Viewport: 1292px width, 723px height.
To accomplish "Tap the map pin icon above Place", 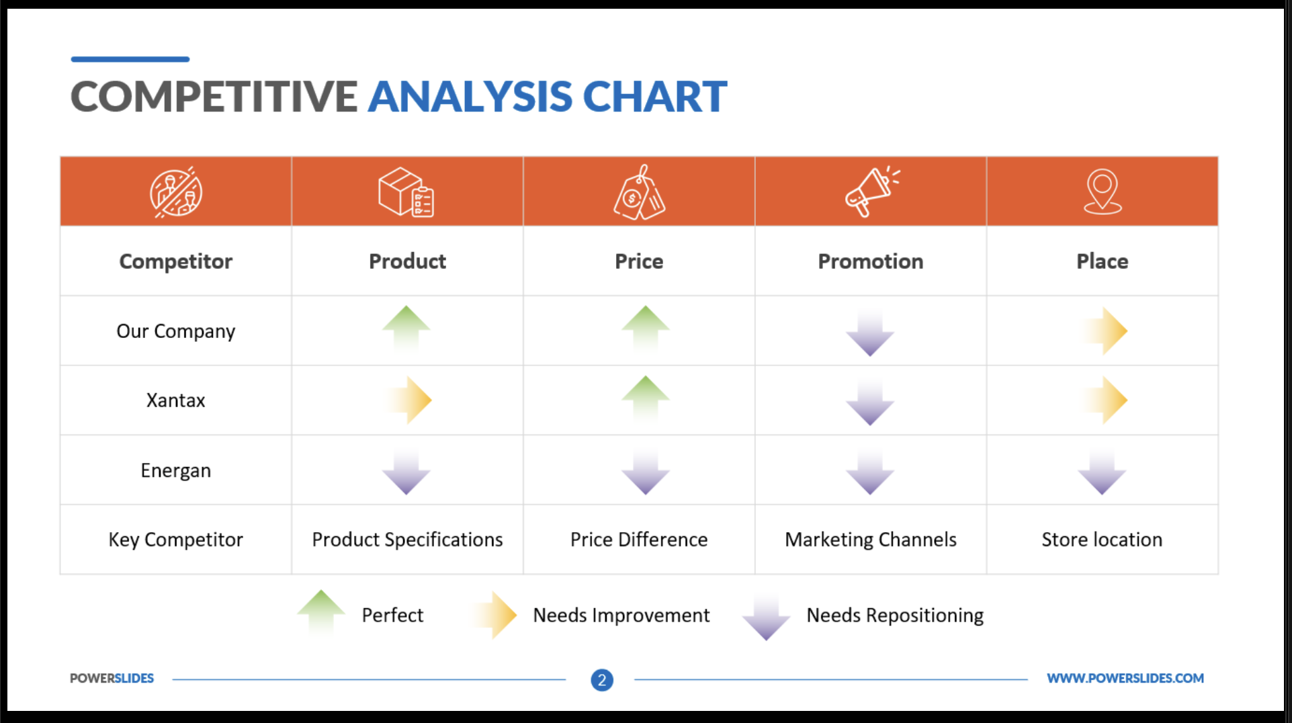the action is [x=1103, y=192].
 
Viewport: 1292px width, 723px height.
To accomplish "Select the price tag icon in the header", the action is [x=639, y=192].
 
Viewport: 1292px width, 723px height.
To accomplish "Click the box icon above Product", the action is [x=406, y=192].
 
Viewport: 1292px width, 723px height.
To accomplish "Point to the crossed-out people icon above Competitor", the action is [x=176, y=192].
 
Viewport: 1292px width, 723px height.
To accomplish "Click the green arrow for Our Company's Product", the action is [x=406, y=329].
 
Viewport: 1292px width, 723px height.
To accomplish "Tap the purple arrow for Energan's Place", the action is [x=1102, y=470].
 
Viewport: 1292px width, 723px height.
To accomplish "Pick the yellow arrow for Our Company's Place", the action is [x=1103, y=331].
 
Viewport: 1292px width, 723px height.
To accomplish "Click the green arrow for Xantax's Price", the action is [x=645, y=399].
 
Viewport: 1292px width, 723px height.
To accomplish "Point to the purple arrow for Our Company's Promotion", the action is [x=870, y=332].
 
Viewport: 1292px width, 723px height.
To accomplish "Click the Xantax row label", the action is [x=176, y=400].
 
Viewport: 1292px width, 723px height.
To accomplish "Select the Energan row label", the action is [x=176, y=470].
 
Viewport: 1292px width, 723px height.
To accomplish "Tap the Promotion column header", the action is [x=871, y=261].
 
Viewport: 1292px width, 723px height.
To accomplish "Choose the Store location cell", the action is [x=1102, y=540].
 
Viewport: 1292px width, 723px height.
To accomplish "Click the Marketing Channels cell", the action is [x=871, y=540].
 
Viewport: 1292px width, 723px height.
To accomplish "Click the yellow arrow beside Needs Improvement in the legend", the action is [x=494, y=615].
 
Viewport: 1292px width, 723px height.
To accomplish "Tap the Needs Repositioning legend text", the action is [x=895, y=615].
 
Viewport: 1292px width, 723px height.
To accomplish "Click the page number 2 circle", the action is [x=602, y=680].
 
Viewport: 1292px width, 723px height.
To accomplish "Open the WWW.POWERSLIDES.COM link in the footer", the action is [x=1125, y=679].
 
